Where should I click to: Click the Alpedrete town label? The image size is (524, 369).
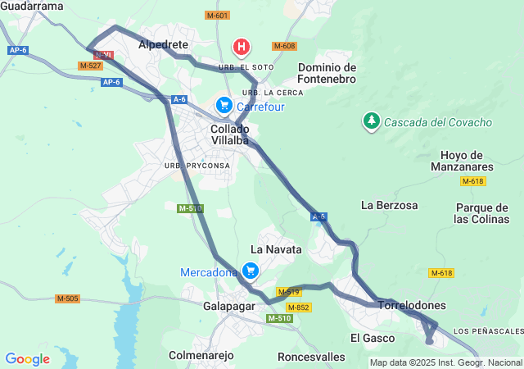click(164, 44)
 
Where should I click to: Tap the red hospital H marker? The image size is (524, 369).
click(241, 47)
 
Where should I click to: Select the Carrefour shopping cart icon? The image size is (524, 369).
click(224, 105)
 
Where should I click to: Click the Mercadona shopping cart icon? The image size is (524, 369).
click(251, 270)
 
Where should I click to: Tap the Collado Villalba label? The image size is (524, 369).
click(229, 135)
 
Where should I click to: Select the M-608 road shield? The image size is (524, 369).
click(284, 46)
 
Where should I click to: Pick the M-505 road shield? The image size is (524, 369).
click(68, 298)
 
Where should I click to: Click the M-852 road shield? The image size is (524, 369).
click(299, 307)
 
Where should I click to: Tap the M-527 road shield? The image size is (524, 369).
click(90, 66)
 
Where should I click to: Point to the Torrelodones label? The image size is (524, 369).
click(413, 305)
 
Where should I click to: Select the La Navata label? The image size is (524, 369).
click(276, 248)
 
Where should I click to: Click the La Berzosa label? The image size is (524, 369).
click(390, 205)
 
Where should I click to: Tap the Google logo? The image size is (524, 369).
click(27, 358)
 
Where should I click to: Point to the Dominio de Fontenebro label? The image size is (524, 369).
click(327, 73)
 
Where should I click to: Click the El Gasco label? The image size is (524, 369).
click(373, 338)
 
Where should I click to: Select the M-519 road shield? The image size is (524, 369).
click(289, 291)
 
